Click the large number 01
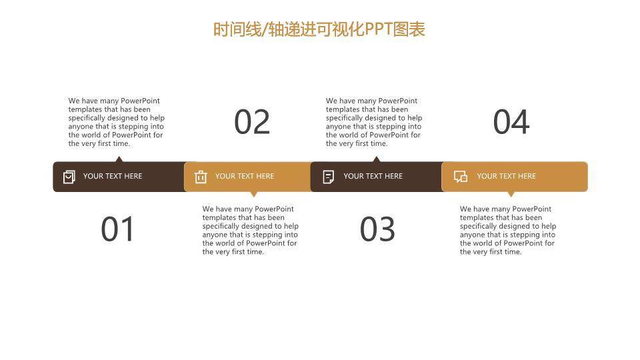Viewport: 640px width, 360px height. pos(118,229)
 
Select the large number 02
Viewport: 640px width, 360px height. pos(252,122)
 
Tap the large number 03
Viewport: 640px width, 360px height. pos(377,229)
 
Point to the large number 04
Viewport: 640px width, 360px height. pos(511,122)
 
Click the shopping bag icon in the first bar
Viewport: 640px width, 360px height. pos(69,177)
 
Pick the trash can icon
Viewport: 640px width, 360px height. pos(201,177)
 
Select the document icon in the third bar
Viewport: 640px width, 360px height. pos(329,177)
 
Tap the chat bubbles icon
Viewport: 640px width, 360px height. pos(461,177)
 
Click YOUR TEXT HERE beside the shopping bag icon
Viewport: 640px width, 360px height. pos(113,176)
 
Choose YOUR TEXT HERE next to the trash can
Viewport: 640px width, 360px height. pos(245,176)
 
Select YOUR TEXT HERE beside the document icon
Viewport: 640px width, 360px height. pos(373,176)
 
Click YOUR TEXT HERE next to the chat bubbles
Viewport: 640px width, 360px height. pos(506,176)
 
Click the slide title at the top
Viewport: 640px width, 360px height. pos(319,29)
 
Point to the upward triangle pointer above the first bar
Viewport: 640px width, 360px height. pos(119,159)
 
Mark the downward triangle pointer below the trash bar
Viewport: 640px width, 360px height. pos(253,194)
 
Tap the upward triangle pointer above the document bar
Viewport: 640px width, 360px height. pos(377,159)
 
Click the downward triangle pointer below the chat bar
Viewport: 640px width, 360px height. pos(511,194)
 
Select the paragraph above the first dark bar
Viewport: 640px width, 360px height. pos(117,122)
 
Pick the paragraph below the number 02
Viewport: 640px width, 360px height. pos(251,230)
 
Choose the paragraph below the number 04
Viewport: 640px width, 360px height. pos(508,230)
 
